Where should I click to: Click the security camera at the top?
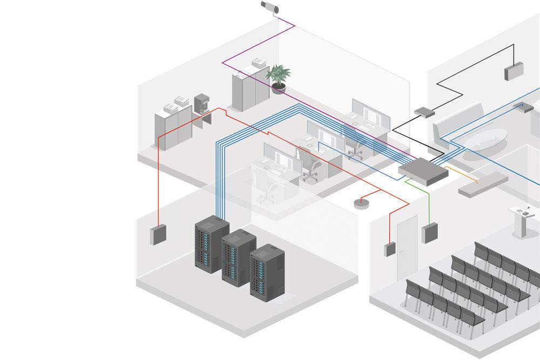click(269, 8)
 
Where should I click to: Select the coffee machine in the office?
click(200, 105)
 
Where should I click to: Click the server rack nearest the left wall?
click(211, 244)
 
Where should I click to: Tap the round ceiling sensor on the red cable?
click(361, 203)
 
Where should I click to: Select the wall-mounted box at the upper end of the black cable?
click(514, 71)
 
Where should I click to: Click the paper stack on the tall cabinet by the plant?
click(259, 64)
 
